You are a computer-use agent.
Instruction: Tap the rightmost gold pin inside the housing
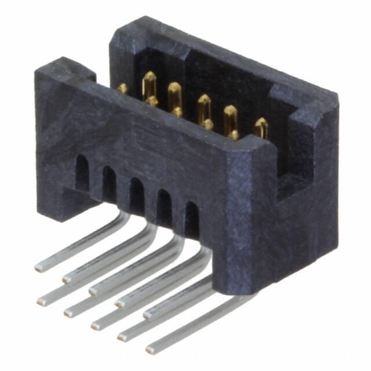tap(261, 127)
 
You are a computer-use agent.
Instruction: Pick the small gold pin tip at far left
tap(122, 88)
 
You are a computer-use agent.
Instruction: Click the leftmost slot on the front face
tap(82, 173)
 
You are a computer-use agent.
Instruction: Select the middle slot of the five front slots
tap(136, 195)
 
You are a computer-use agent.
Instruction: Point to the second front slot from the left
tap(109, 183)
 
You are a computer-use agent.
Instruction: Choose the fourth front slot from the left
tap(164, 206)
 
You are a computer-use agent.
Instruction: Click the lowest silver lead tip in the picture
tap(151, 350)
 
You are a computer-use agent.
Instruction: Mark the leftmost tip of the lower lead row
tap(42, 300)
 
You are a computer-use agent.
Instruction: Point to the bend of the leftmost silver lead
tap(123, 217)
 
